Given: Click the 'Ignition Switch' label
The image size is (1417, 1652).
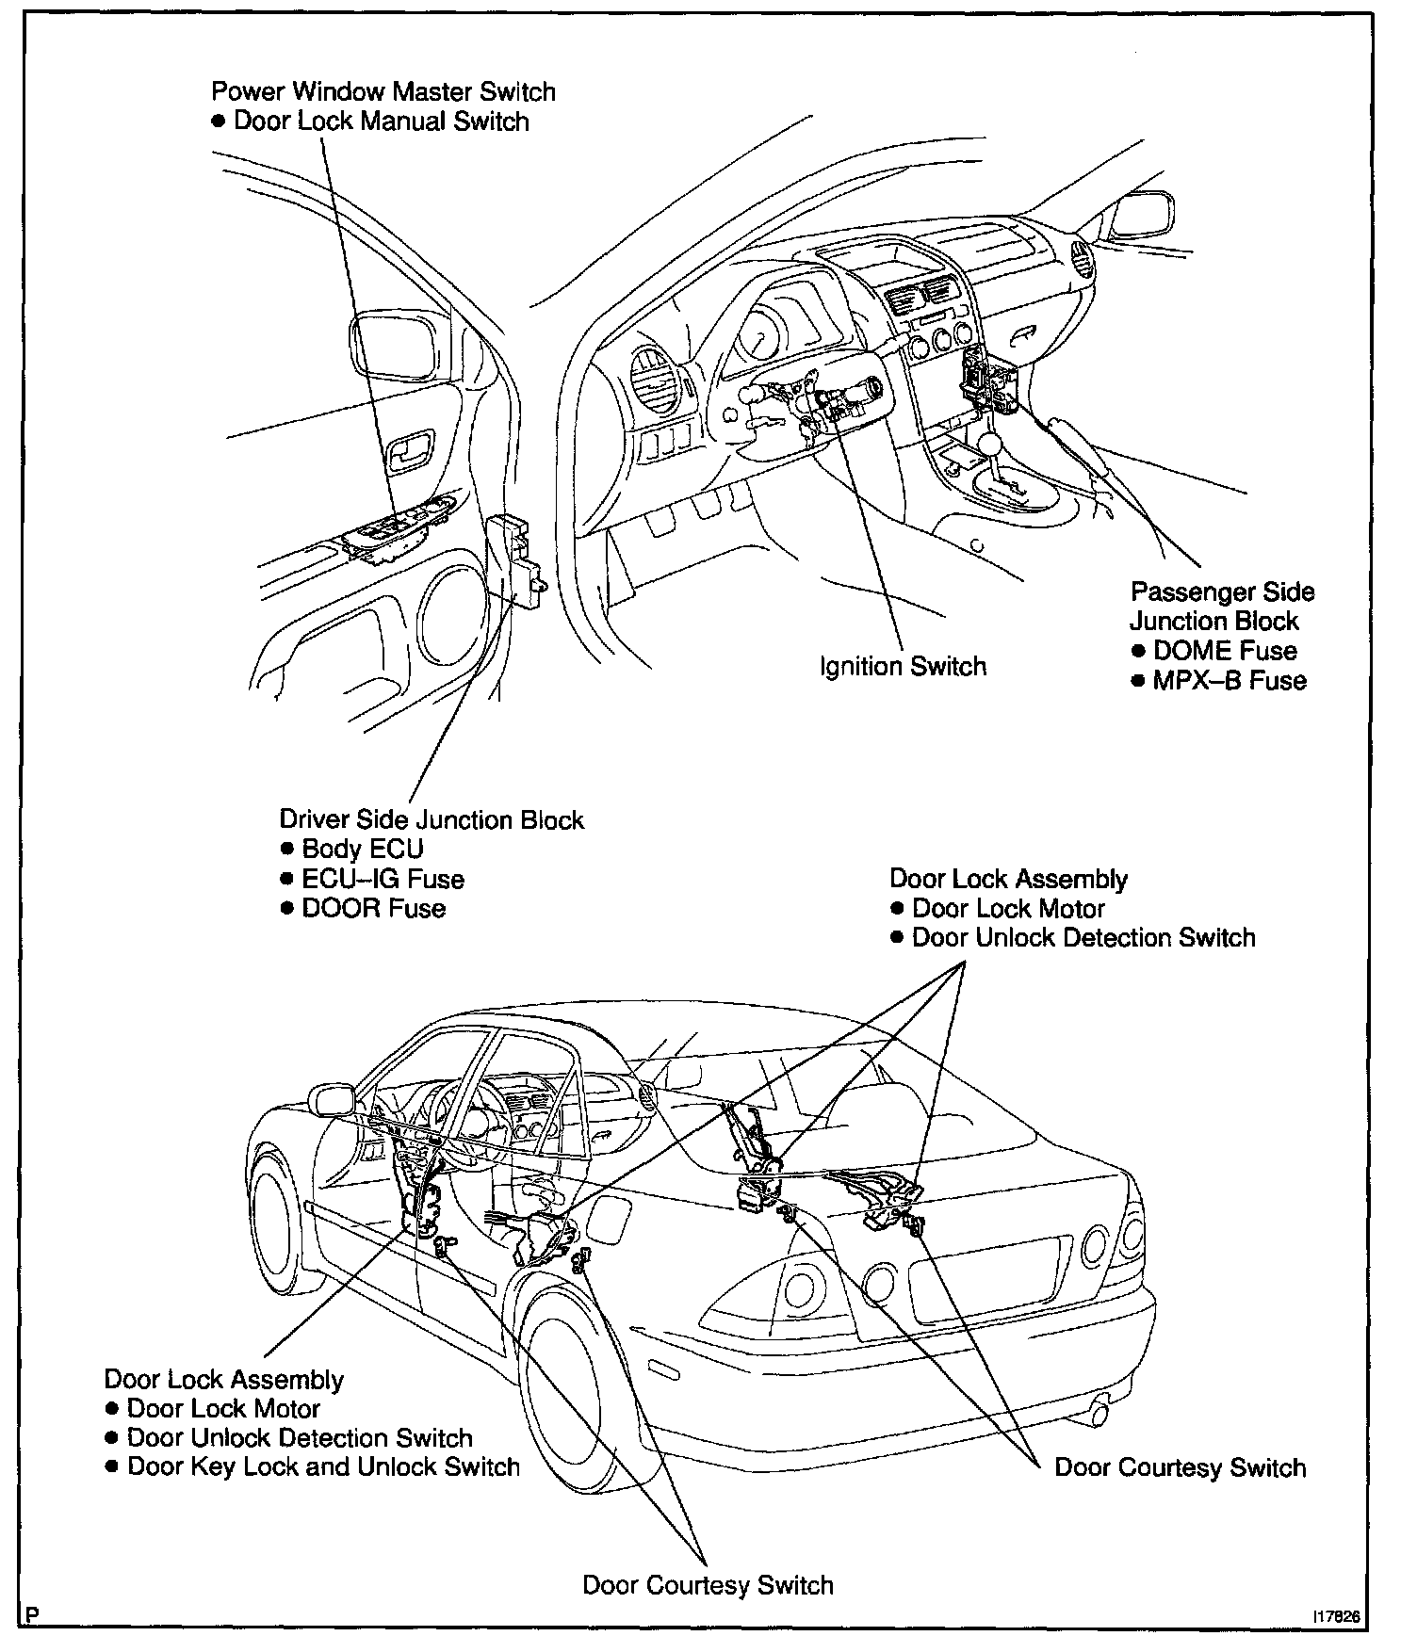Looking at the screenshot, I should tap(903, 667).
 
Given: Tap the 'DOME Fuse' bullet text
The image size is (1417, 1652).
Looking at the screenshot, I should tap(1225, 651).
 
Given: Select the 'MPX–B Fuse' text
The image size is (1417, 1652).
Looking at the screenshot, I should tap(1230, 681).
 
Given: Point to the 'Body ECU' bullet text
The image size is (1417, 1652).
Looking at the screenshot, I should tap(363, 849).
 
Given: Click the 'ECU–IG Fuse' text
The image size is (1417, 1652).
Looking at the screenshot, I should tap(383, 879).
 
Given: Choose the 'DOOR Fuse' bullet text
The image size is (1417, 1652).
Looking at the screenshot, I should tap(373, 909).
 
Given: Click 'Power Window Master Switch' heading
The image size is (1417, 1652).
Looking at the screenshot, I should tap(383, 91).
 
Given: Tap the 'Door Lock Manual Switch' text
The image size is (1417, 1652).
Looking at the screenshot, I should tap(381, 121).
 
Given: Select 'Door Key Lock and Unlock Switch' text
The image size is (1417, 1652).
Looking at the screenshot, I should tap(323, 1467).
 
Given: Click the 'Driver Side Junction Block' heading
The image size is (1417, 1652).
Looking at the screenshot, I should tap(432, 819).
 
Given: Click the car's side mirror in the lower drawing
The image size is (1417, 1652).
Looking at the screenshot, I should tap(332, 1098).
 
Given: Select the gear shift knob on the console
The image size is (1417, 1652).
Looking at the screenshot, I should tap(991, 443).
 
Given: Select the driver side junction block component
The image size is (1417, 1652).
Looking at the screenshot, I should tap(517, 560).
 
